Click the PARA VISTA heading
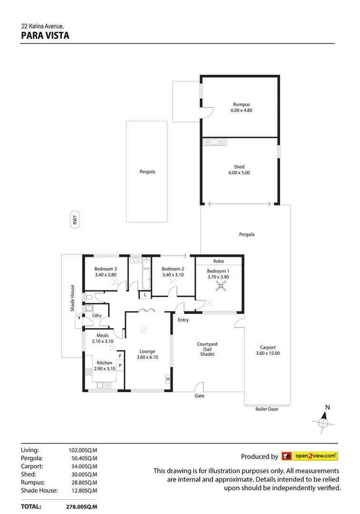[45, 35]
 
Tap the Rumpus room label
[241, 104]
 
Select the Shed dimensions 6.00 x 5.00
[239, 173]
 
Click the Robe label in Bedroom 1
[218, 261]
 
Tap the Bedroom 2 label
[173, 268]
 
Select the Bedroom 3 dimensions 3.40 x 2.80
[106, 275]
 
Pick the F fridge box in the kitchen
[120, 356]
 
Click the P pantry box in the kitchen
[120, 366]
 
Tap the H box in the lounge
[168, 379]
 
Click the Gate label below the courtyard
[199, 395]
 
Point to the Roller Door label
[267, 409]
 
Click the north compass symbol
[324, 420]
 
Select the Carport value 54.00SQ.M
[83, 466]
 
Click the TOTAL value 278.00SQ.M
[81, 507]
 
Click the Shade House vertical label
[73, 298]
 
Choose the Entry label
[183, 320]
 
